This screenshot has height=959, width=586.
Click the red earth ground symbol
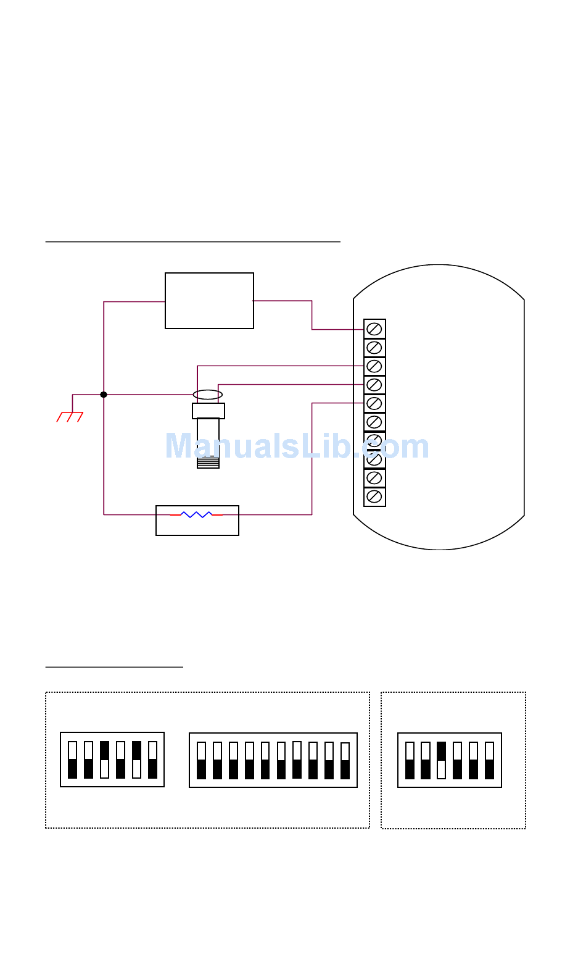point(70,417)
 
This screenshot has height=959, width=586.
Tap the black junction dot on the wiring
point(104,395)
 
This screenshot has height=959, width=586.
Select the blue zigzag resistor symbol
point(196,514)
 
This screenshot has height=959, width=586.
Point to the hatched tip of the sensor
point(208,463)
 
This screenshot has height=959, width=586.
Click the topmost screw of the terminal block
point(374,329)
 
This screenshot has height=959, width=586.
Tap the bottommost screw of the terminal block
point(374,496)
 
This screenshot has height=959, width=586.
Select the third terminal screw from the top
point(374,366)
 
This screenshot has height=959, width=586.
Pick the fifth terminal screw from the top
point(374,404)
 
